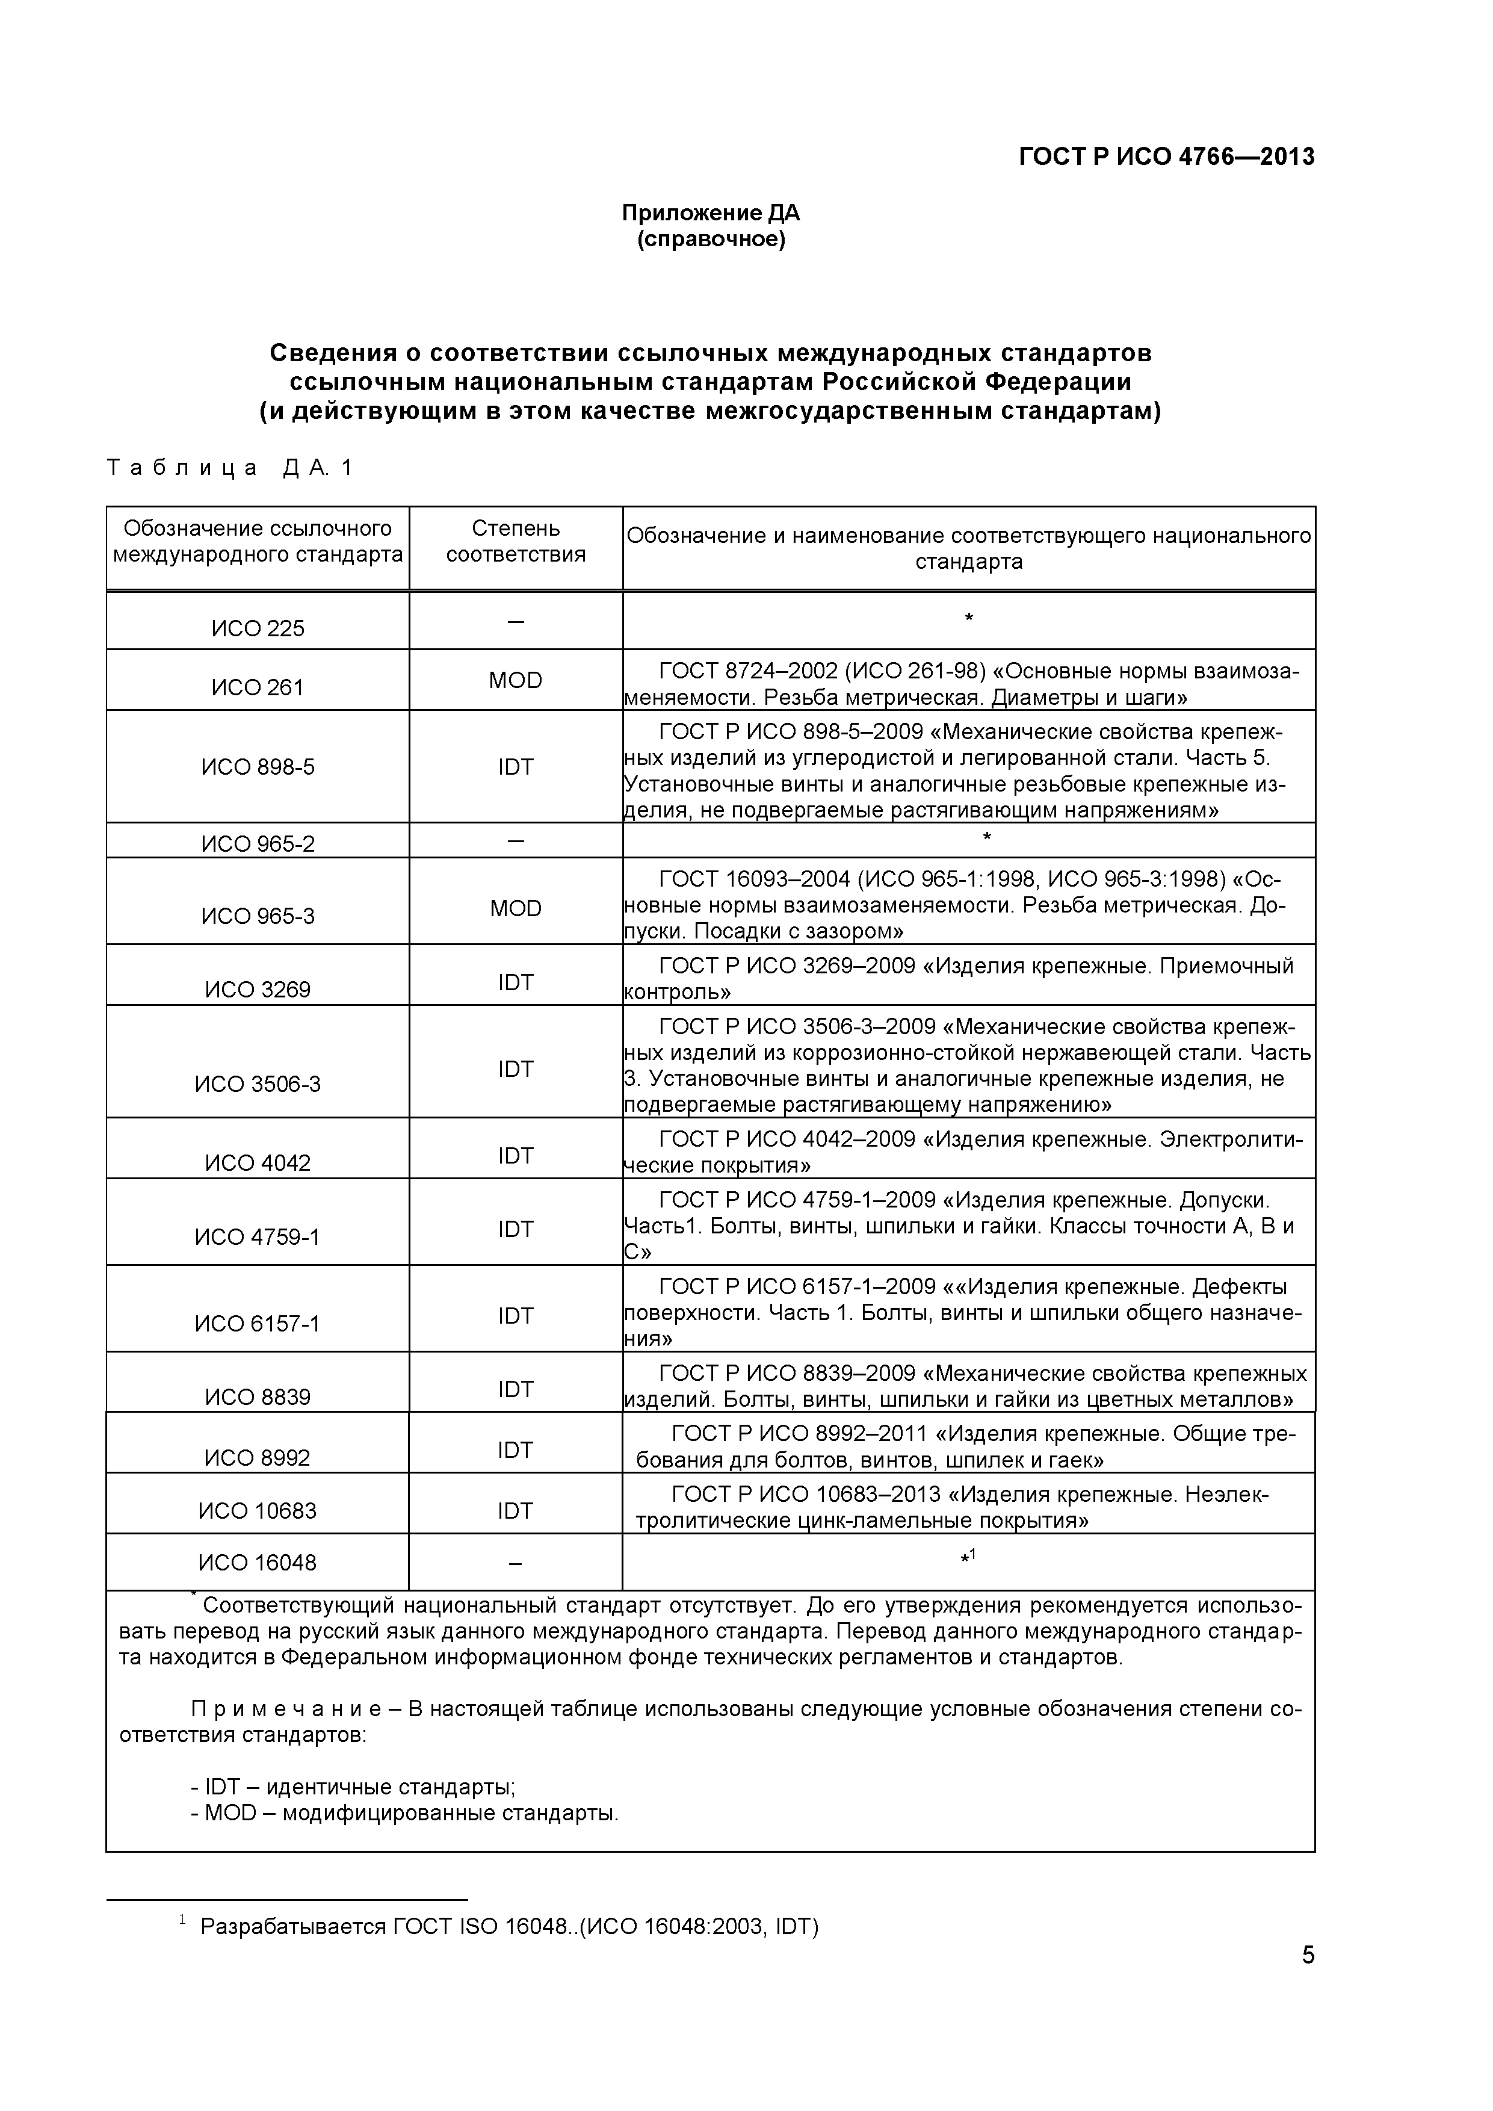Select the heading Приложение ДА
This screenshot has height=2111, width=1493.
[711, 213]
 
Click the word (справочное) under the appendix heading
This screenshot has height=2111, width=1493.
[711, 240]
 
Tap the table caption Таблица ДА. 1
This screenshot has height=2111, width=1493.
[230, 468]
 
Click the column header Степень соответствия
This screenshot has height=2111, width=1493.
[516, 542]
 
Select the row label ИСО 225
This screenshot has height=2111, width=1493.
[258, 629]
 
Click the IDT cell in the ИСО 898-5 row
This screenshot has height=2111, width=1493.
[516, 767]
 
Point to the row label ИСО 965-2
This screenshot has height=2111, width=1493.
[258, 844]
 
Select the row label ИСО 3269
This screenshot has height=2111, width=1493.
[258, 990]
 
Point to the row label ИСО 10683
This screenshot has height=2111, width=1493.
[258, 1511]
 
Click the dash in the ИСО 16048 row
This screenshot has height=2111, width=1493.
[516, 1563]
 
